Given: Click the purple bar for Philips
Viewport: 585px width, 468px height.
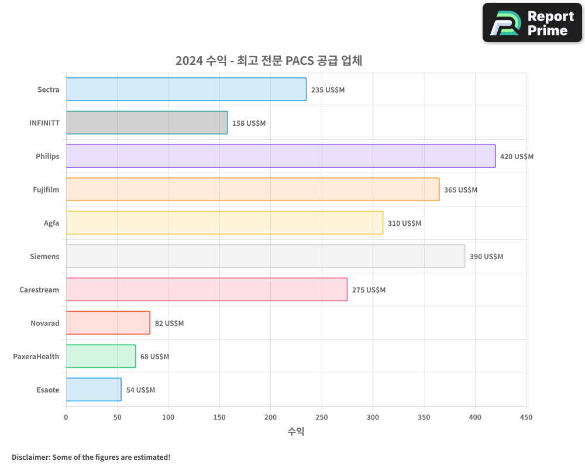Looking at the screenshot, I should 281,156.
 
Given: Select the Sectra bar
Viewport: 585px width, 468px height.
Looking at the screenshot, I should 186,90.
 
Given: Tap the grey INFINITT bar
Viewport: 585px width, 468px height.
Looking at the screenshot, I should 147,123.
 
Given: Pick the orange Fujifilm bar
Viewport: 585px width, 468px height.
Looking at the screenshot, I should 253,190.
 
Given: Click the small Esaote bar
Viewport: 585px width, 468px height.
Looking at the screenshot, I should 94,390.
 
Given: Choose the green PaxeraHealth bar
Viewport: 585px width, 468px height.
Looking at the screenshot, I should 101,356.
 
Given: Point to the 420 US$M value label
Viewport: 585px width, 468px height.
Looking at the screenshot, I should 517,157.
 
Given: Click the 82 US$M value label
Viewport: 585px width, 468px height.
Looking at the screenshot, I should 169,324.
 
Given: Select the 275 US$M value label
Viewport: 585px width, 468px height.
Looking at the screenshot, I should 369,290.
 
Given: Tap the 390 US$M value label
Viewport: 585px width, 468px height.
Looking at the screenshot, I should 486,257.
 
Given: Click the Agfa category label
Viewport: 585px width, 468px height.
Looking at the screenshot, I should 51,223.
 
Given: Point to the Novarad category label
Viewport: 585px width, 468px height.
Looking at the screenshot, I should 45,323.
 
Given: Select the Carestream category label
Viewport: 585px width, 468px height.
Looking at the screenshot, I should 39,290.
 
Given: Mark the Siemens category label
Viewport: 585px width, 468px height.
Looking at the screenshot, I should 44,256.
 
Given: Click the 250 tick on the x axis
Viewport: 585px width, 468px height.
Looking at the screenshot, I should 322,417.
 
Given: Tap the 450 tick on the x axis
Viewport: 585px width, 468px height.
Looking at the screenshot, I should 526,417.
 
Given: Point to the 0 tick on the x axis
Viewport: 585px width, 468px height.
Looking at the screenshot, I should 66,417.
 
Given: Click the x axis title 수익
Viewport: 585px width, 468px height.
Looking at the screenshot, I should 296,432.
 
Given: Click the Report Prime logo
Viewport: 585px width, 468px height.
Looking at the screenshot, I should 532,23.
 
